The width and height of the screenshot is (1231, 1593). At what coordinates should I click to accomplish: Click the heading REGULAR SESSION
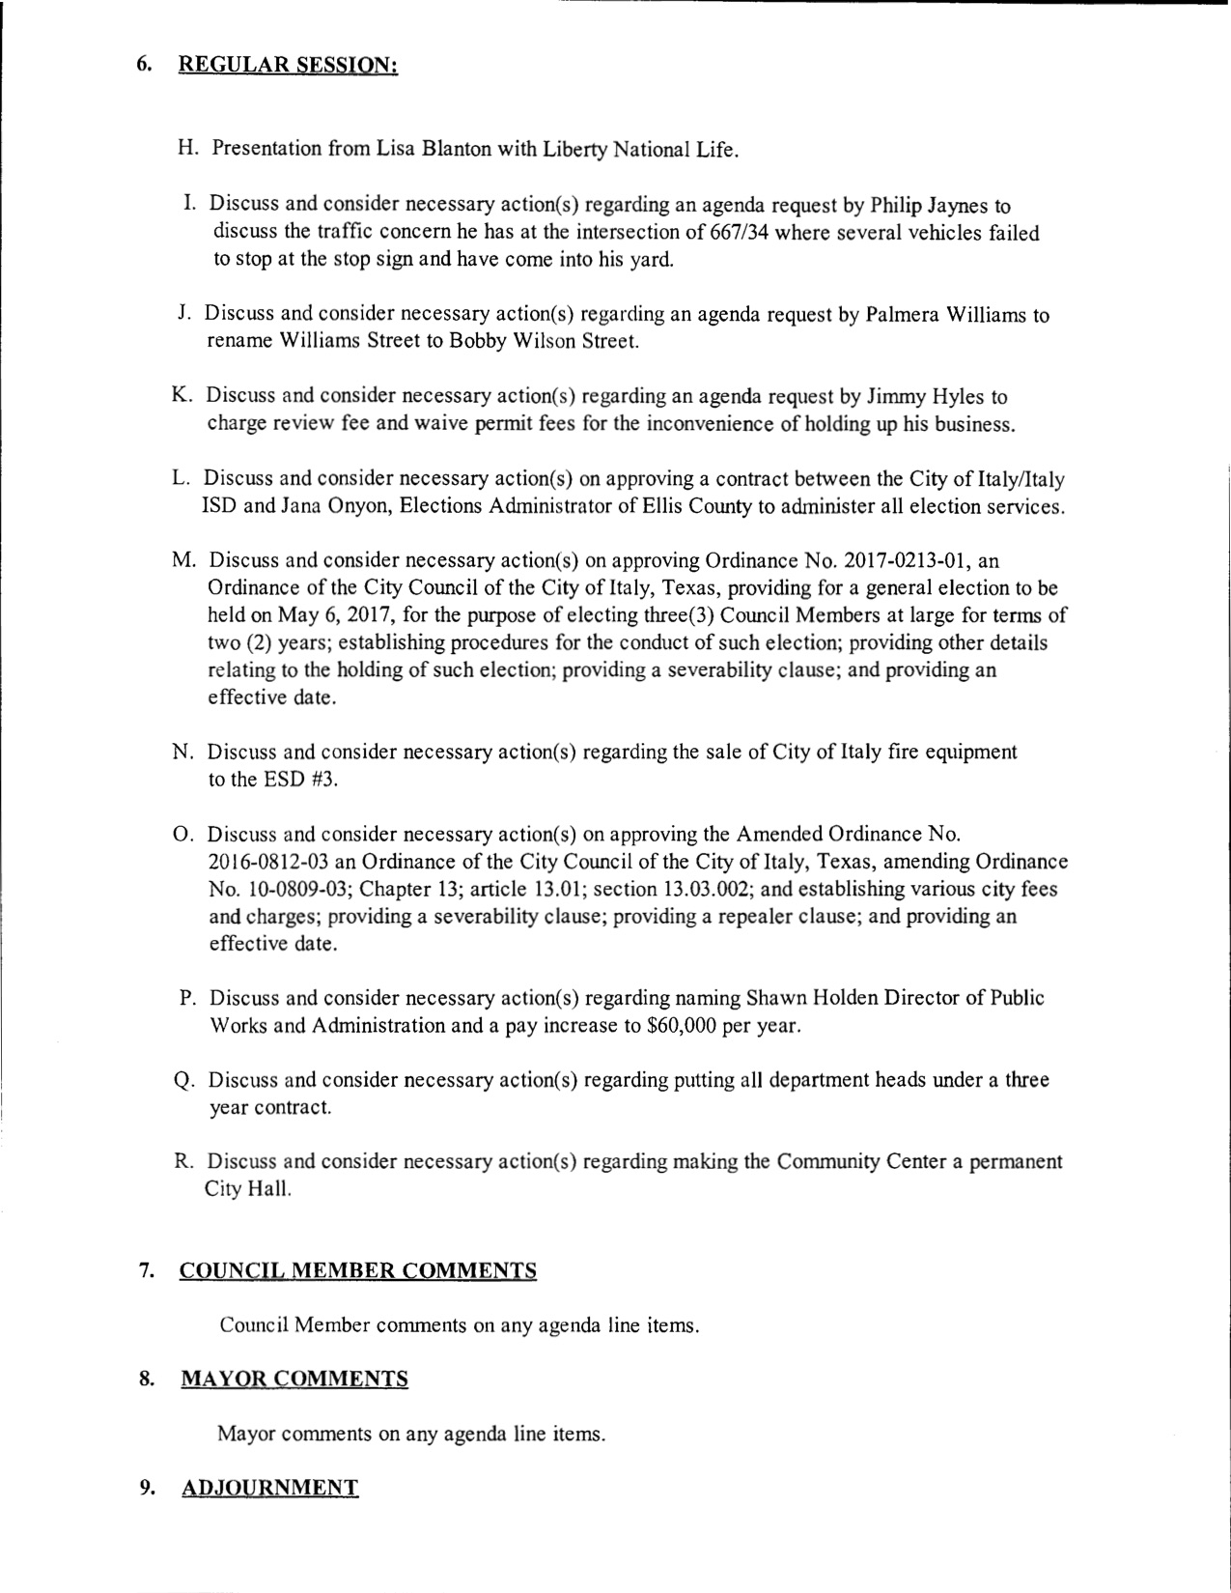point(289,66)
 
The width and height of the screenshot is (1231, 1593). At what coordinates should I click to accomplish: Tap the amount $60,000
point(683,1025)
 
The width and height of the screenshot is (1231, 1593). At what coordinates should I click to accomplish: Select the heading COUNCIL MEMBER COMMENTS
point(358,1270)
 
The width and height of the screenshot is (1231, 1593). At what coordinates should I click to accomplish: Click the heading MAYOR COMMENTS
point(294,1379)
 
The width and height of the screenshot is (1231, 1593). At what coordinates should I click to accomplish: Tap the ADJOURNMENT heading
point(270,1488)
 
